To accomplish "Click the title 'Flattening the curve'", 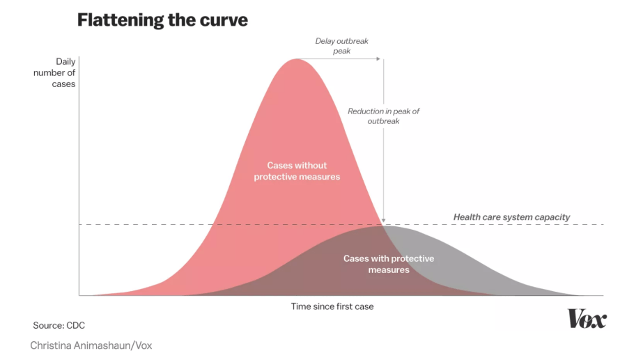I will [x=162, y=19].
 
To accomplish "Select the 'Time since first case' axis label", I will [x=332, y=306].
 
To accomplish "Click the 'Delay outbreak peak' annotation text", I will [x=341, y=46].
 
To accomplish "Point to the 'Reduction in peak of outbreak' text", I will [x=383, y=116].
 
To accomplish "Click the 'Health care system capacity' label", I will [x=511, y=217].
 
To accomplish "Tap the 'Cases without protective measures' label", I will [x=297, y=171].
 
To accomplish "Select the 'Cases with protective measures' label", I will [x=388, y=264].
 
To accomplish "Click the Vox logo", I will [x=587, y=319].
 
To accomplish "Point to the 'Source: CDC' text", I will [x=59, y=325].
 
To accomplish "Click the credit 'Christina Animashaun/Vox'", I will [x=91, y=345].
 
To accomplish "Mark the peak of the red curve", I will [x=297, y=58].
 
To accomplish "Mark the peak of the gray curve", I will [x=382, y=225].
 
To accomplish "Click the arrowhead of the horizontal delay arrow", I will [x=380, y=59].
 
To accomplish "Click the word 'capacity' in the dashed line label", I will [x=550, y=217].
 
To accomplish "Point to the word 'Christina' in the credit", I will [x=53, y=345].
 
